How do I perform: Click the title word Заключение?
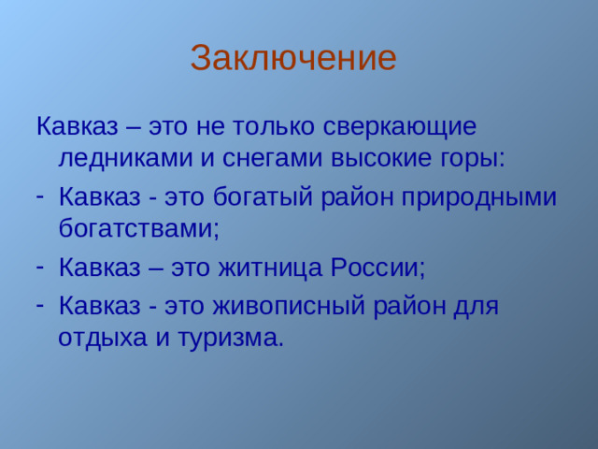(293, 58)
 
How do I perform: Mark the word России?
(380, 268)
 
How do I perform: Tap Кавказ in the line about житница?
(99, 268)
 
